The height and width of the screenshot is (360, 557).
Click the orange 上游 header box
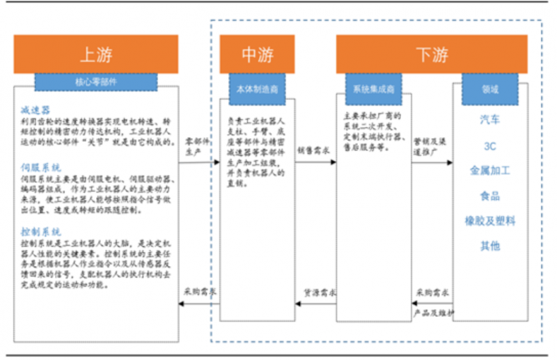[95, 54]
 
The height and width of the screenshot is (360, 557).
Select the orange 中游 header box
[258, 54]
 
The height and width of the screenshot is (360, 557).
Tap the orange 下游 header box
[432, 54]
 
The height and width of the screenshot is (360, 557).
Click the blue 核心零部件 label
[95, 81]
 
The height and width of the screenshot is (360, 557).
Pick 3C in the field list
[490, 146]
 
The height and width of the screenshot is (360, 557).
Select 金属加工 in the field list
[490, 171]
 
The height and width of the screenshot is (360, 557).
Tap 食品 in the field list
[490, 196]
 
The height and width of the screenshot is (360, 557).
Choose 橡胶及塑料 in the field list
[490, 221]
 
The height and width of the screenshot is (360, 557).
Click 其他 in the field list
[490, 246]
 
